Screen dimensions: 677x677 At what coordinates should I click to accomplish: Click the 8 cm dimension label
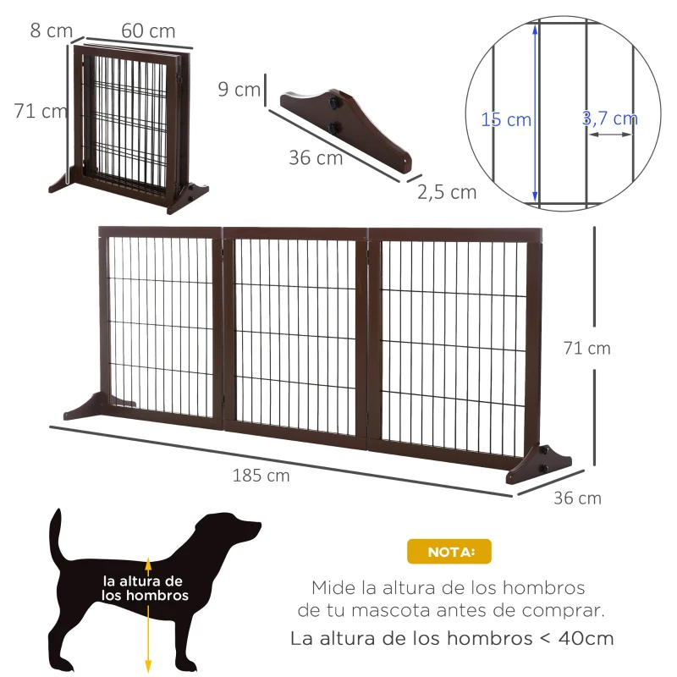[51, 30]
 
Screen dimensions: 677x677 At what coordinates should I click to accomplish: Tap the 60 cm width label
[148, 30]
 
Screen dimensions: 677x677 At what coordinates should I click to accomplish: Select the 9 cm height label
[239, 90]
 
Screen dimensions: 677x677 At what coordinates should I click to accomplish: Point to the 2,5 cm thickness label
[447, 192]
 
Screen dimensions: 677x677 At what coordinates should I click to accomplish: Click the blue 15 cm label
[505, 119]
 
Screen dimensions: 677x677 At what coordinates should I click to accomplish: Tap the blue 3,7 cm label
[609, 118]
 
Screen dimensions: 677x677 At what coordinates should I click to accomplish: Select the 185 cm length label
[261, 476]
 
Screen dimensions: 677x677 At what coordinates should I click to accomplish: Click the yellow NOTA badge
[449, 552]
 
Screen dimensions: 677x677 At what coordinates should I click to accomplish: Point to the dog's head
[228, 531]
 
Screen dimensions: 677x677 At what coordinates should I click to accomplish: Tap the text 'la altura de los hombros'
[145, 588]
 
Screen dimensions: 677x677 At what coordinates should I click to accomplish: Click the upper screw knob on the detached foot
[333, 102]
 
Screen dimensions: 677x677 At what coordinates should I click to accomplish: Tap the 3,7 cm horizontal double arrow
[610, 135]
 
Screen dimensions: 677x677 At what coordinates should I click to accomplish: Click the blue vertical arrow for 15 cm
[535, 113]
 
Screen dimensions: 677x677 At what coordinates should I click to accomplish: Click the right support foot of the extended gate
[538, 464]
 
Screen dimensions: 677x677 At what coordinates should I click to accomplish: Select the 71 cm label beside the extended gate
[586, 348]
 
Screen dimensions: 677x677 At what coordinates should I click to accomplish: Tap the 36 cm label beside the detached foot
[316, 157]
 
